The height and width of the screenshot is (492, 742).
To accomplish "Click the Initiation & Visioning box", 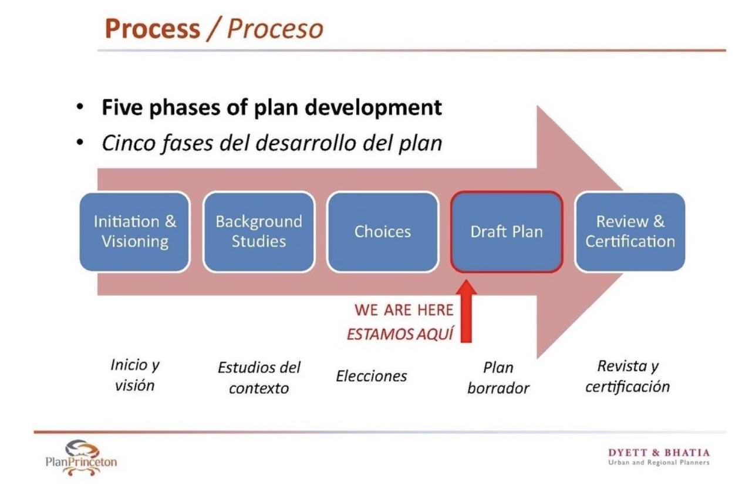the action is pos(135,231).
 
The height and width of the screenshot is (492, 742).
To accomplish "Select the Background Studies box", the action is pos(259,231).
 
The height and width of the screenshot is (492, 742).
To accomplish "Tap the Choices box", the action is pos(383,231).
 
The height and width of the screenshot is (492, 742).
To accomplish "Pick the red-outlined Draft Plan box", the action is pos(507,231).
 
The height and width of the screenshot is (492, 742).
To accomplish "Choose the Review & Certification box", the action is pos(630,231).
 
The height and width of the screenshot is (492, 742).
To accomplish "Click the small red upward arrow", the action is pos(466,311).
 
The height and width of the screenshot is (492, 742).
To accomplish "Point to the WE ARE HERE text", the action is pos(404,310).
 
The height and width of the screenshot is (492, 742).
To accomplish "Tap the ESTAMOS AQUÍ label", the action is pos(400,333).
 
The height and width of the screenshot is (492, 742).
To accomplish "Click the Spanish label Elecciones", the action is pos(372,376).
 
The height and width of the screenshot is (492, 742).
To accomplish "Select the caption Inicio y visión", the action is pos(135,375).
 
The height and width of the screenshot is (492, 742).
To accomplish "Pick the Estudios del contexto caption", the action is pos(259,378).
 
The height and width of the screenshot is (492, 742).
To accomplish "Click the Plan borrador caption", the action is pos(498,378).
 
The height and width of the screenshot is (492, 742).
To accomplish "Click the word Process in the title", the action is pos(153,29).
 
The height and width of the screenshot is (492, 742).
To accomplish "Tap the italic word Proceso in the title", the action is pos(275,29).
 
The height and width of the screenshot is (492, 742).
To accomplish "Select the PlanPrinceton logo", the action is pos(81,458).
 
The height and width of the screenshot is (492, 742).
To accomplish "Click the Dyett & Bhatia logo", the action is pos(659,457).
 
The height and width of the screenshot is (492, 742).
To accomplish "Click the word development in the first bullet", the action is pos(373,107).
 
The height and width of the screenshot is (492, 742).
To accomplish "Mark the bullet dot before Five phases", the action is pos(79,107).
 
